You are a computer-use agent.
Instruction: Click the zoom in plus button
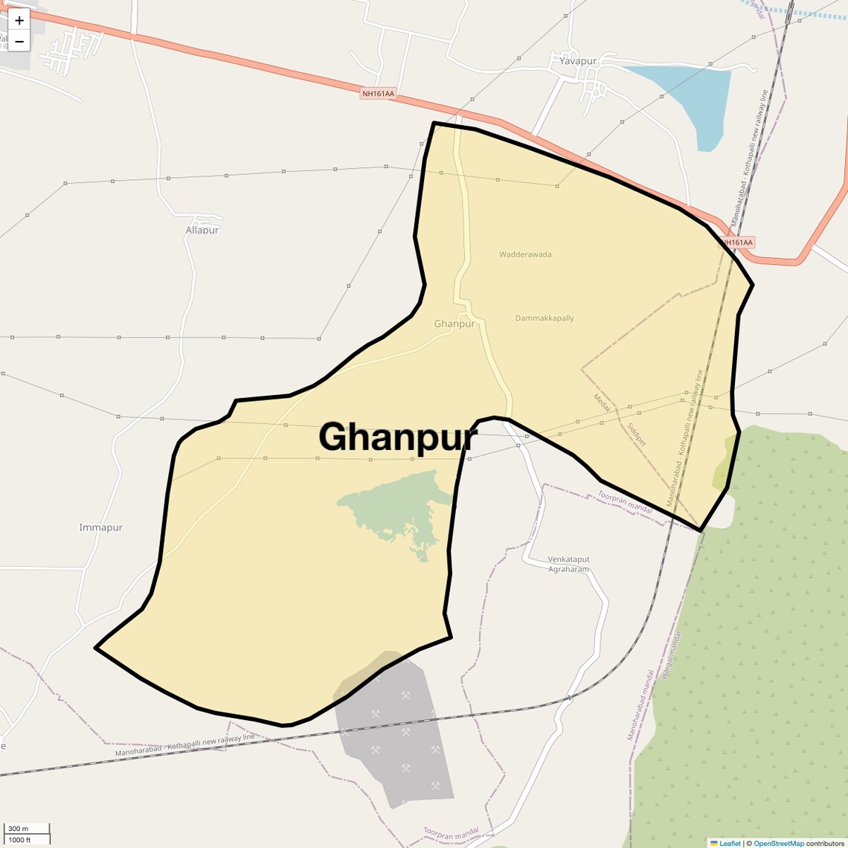coord(19,20)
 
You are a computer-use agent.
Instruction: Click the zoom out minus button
coord(19,42)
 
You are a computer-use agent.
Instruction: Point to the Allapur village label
coord(202,230)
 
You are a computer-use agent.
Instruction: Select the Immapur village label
coord(100,527)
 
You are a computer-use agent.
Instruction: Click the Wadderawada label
coord(525,254)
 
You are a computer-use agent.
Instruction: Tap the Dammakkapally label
coord(545,318)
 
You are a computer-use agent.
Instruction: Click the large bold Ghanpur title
coord(398,437)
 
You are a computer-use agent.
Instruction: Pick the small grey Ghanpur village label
coord(454,324)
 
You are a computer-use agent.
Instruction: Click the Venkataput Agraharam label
coord(568,564)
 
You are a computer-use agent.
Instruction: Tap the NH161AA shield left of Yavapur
coord(377,94)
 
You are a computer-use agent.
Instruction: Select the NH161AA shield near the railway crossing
coord(737,242)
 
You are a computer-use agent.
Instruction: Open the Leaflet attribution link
coord(729,844)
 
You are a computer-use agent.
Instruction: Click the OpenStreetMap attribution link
coord(778,844)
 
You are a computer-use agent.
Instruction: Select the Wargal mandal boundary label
coord(670,655)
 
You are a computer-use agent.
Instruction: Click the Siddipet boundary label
coord(637,434)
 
